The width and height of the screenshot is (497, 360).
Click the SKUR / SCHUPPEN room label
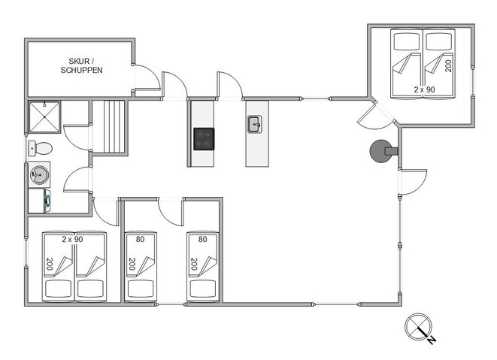click(81, 65)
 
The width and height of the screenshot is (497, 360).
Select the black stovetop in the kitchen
click(204, 139)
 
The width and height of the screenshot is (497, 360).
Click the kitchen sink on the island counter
click(255, 123)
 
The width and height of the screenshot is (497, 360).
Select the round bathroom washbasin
click(38, 174)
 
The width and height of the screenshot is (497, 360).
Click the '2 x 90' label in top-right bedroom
click(424, 89)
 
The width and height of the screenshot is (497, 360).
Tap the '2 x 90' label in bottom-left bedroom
click(72, 239)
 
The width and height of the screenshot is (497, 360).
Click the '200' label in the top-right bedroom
click(448, 65)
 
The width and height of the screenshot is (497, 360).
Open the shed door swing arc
click(147, 79)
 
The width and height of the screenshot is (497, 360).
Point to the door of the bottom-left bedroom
click(107, 211)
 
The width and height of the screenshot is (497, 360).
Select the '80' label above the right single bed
click(202, 240)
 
